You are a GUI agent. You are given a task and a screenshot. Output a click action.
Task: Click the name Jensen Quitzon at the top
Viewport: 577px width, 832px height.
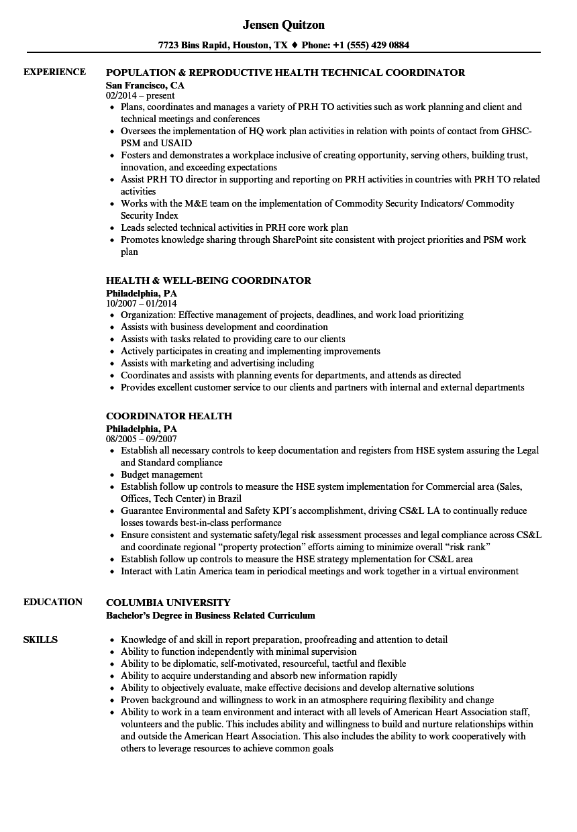(283, 25)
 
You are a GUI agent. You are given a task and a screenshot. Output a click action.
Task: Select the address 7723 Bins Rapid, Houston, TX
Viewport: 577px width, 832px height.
(223, 46)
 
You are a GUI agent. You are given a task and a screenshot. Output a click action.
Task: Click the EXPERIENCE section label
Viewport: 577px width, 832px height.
(54, 72)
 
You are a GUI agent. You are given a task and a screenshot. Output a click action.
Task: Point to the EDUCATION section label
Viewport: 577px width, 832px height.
(53, 602)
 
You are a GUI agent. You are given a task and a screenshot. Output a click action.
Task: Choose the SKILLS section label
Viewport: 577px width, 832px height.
(40, 639)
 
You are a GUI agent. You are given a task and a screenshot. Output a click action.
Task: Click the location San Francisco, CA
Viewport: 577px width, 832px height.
(145, 85)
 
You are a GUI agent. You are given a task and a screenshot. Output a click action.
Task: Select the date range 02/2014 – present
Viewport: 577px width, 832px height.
(140, 96)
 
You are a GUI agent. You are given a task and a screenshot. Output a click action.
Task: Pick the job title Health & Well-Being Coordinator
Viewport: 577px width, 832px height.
(209, 280)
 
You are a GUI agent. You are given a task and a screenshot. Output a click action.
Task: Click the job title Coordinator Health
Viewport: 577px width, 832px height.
(169, 416)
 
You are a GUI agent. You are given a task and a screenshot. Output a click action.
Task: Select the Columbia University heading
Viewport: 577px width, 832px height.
(168, 603)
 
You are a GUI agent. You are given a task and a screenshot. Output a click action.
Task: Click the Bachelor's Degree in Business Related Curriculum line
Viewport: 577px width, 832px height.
(211, 615)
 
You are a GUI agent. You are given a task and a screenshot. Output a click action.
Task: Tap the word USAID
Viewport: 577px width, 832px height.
(176, 143)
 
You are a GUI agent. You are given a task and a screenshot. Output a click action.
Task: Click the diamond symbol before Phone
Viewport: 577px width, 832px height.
(294, 46)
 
